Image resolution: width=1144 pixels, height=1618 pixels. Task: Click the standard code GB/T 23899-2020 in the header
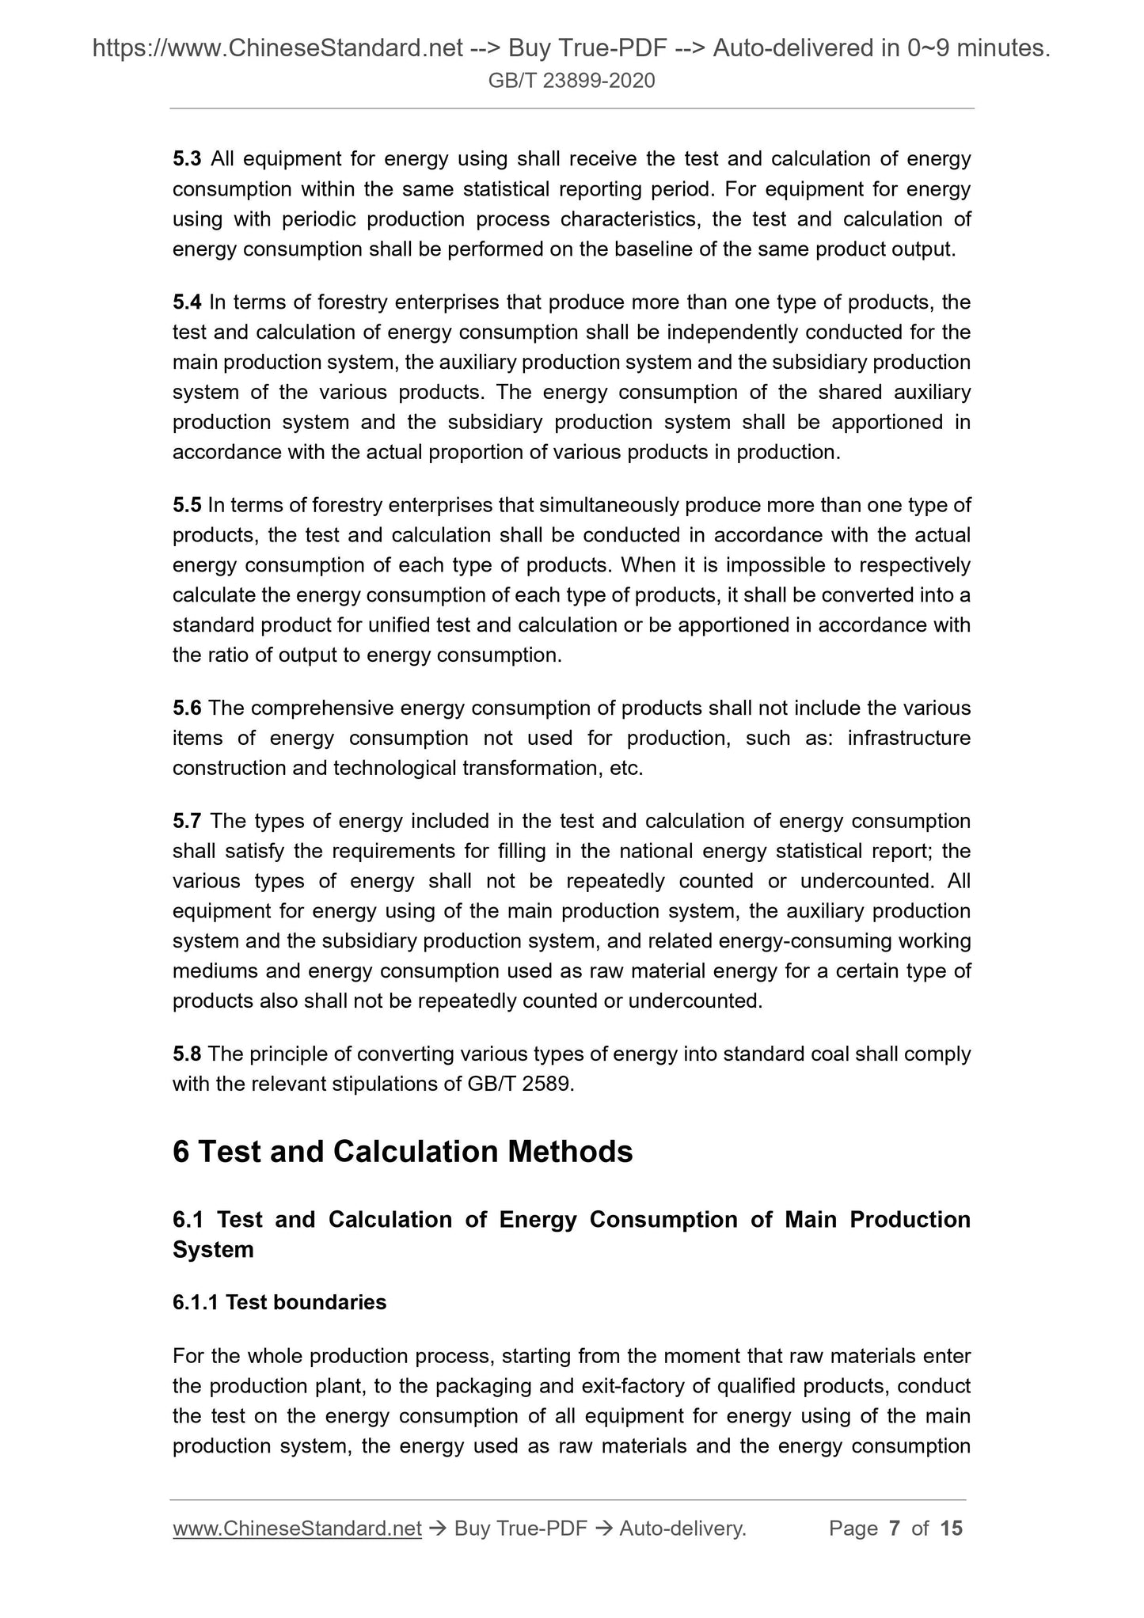click(x=572, y=81)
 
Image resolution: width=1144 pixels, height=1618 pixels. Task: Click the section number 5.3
click(x=187, y=159)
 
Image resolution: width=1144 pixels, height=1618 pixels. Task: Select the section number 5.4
click(x=187, y=302)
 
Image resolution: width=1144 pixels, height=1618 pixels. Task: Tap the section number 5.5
click(x=187, y=505)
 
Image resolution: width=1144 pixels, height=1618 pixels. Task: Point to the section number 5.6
click(x=187, y=708)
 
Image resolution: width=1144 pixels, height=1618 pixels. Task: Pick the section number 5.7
click(x=187, y=821)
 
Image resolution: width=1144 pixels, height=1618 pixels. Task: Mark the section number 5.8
click(x=187, y=1054)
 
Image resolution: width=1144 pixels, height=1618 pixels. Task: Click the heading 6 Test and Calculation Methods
click(x=402, y=1152)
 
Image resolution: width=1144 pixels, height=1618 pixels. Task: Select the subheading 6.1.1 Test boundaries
click(x=279, y=1302)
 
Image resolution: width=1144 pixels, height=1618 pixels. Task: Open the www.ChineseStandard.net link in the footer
click(x=297, y=1529)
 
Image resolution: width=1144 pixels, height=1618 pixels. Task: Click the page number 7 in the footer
click(x=895, y=1529)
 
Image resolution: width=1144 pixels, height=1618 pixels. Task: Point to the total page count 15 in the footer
click(x=951, y=1529)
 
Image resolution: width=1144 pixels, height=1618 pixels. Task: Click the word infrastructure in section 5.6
click(x=909, y=738)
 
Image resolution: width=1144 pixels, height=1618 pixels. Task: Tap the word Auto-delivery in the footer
click(x=682, y=1529)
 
